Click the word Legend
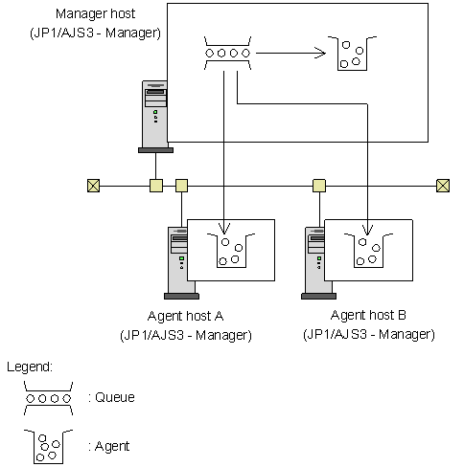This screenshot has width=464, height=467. (30, 367)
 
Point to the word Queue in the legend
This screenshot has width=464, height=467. (115, 397)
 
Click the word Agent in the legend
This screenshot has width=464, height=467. (112, 446)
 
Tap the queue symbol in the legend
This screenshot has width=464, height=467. (48, 398)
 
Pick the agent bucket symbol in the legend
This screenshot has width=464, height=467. (48, 447)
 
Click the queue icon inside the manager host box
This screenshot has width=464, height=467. (227, 53)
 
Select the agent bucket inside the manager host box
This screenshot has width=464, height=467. (352, 54)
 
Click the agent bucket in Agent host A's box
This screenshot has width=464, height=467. (231, 251)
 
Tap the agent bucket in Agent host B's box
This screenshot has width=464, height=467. (368, 251)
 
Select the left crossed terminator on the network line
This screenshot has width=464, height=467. (93, 186)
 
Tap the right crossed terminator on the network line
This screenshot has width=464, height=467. (443, 186)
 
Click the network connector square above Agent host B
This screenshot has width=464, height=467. (319, 186)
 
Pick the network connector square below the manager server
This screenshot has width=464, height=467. (156, 186)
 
